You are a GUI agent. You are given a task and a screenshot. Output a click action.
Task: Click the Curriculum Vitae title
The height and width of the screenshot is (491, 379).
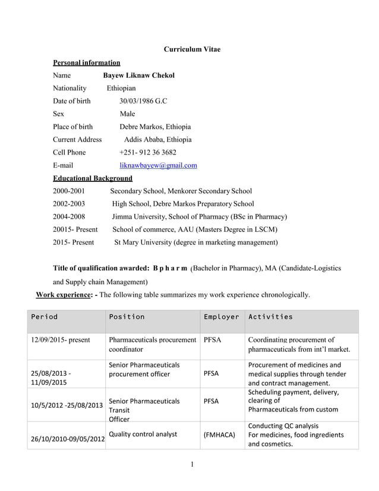tap(191, 49)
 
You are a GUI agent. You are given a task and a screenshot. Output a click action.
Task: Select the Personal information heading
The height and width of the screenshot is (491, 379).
tap(87, 62)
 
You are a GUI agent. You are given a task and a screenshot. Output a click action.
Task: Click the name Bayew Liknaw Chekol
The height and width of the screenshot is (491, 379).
tap(138, 75)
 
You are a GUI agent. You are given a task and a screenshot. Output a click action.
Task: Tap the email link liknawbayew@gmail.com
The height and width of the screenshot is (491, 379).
tap(158, 165)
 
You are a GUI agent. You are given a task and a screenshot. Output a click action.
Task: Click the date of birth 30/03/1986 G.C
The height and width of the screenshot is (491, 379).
tap(143, 101)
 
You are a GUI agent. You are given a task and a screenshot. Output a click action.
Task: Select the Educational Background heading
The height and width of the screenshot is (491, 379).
tap(93, 178)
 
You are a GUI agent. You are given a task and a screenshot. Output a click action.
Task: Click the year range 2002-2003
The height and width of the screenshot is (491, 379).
tap(69, 204)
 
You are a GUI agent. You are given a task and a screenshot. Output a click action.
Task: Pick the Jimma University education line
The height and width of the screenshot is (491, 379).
tap(199, 216)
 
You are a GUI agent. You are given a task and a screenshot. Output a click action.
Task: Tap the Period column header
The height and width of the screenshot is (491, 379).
tap(45, 317)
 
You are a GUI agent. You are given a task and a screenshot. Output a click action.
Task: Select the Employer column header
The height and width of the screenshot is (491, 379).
tap(221, 317)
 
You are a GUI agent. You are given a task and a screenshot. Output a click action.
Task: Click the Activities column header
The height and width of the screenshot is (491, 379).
tap(270, 317)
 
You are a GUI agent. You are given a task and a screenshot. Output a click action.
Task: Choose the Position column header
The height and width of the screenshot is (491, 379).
tap(127, 317)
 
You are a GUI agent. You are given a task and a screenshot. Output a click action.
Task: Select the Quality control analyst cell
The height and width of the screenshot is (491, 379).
tap(143, 434)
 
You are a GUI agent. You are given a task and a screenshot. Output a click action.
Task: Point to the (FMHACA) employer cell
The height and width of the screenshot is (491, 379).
tap(219, 435)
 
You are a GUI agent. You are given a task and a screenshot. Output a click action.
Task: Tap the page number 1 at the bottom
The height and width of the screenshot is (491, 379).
tap(192, 465)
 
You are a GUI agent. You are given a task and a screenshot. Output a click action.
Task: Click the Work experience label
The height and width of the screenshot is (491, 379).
tap(65, 294)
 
